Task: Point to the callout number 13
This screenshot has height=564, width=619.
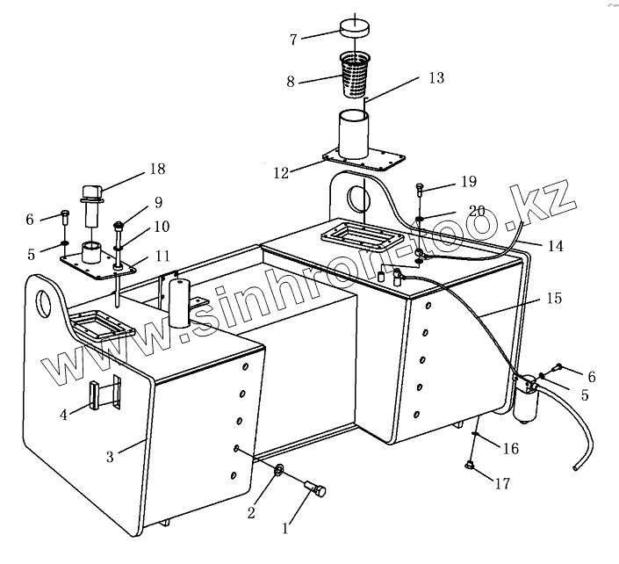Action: point(435,77)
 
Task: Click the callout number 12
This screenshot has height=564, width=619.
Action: point(282,172)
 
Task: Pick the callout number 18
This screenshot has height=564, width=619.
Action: point(157,169)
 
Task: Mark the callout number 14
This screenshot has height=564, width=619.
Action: point(555,246)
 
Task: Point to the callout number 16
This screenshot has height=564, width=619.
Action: point(511,449)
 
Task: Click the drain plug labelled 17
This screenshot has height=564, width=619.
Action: point(470,466)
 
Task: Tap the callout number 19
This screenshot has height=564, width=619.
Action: point(468,182)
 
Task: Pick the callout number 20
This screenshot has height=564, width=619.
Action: point(476,211)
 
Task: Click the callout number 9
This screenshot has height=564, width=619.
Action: point(158,201)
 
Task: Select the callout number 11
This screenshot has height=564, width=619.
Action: point(162,256)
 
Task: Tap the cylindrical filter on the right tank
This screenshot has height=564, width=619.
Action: point(529,402)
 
